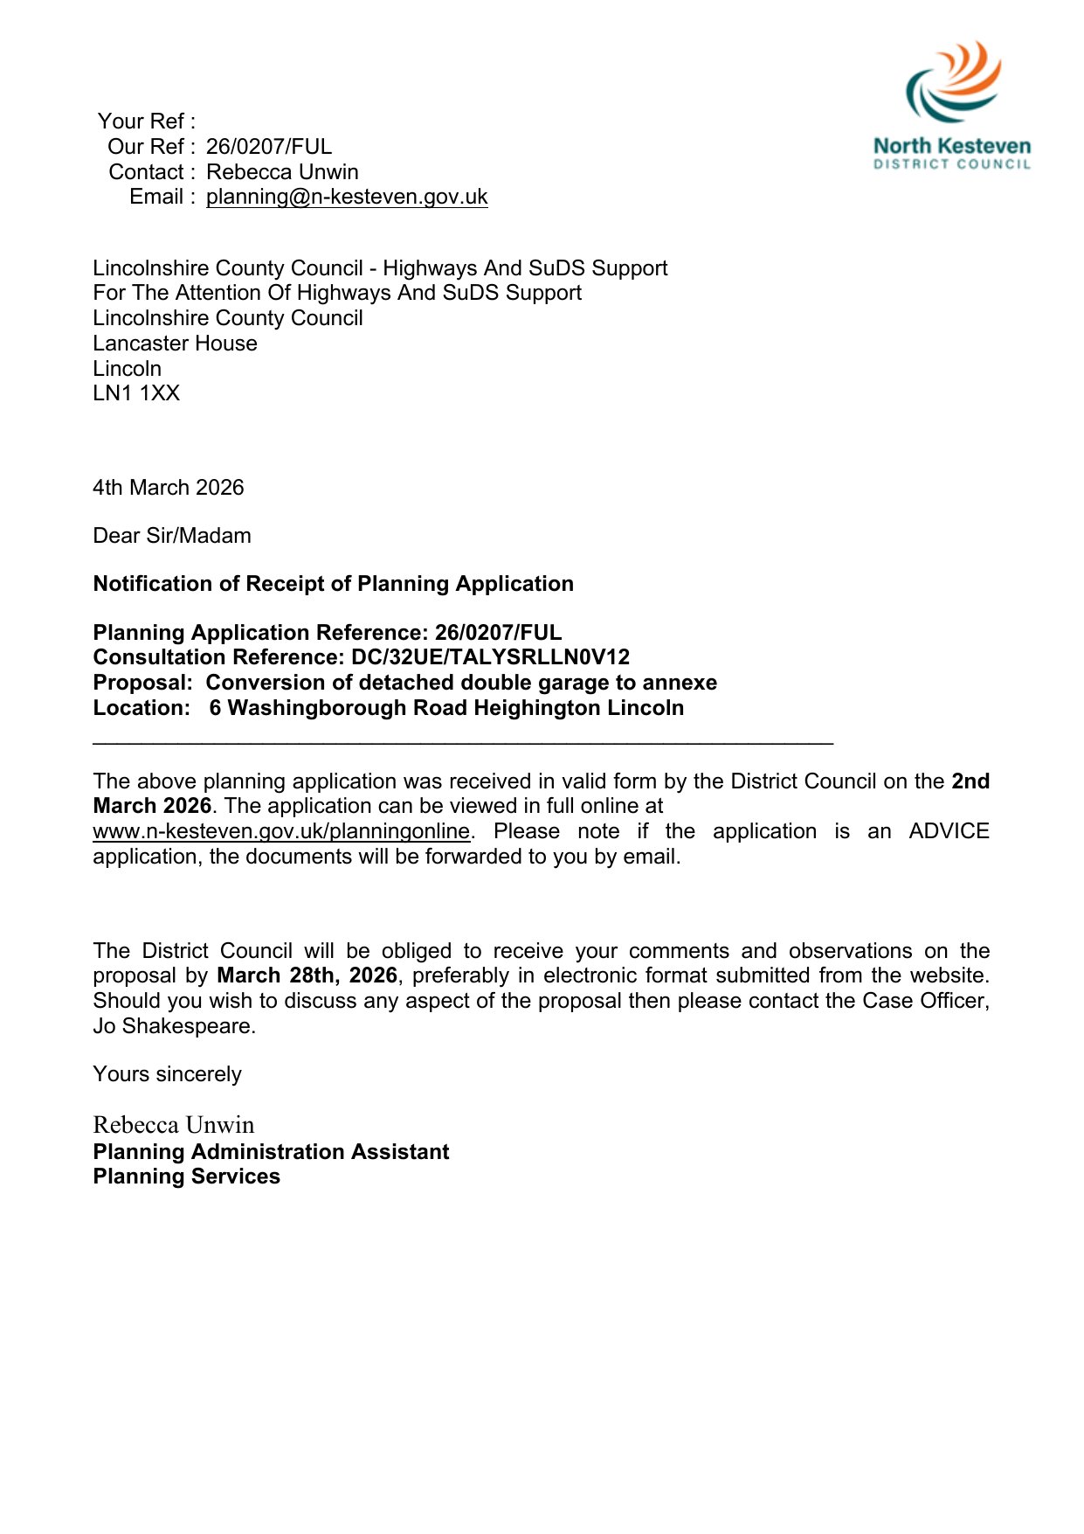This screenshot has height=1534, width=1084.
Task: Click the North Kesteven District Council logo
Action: (952, 105)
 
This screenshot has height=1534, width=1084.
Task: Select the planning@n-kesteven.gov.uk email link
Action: (347, 197)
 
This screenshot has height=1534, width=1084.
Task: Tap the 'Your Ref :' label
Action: (146, 121)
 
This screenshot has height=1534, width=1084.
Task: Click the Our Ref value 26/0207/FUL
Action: (269, 147)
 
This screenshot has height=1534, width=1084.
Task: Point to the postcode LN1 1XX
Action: (136, 393)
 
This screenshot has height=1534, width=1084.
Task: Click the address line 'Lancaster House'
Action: (175, 344)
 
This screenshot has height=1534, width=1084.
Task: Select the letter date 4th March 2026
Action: (169, 488)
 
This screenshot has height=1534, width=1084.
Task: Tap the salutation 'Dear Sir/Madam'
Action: (172, 536)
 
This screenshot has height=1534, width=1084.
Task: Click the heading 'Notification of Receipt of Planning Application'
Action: (333, 584)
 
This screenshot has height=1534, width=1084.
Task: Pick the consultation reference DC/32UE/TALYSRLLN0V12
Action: (490, 657)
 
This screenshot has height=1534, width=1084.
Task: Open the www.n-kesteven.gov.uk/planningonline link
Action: (281, 831)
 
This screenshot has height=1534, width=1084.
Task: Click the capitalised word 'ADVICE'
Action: (949, 831)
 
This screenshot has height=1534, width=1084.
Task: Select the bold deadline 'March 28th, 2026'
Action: (307, 975)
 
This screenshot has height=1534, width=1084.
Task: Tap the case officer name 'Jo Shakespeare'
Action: (173, 1026)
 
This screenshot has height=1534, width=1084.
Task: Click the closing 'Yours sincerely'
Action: (167, 1074)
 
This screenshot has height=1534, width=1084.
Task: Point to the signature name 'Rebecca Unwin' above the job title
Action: (174, 1125)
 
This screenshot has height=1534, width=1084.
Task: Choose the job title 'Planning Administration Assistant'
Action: (271, 1152)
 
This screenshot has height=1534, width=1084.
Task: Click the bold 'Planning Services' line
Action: (186, 1177)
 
